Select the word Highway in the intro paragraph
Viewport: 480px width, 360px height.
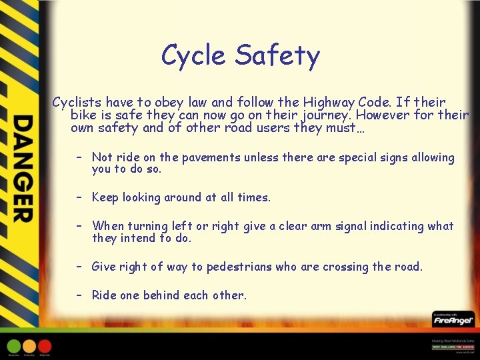[331, 102]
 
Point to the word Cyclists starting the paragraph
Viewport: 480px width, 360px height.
[77, 102]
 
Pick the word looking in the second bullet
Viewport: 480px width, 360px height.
[143, 197]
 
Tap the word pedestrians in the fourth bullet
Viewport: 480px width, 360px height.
[239, 267]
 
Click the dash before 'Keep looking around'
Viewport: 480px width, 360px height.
[79, 197]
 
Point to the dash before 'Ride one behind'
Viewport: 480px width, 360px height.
[79, 295]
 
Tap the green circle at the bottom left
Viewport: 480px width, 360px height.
[13, 346]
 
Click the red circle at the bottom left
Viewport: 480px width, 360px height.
[45, 346]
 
